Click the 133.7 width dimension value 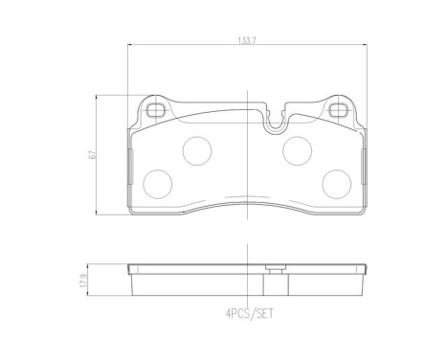click(x=247, y=41)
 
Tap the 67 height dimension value click(x=93, y=155)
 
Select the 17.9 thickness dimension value click(x=84, y=280)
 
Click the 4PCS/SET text click(x=250, y=314)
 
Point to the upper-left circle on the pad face click(x=197, y=151)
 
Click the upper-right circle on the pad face click(x=298, y=151)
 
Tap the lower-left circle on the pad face click(x=158, y=184)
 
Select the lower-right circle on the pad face click(x=337, y=184)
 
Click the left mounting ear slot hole click(x=156, y=110)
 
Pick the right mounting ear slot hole click(x=339, y=110)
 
